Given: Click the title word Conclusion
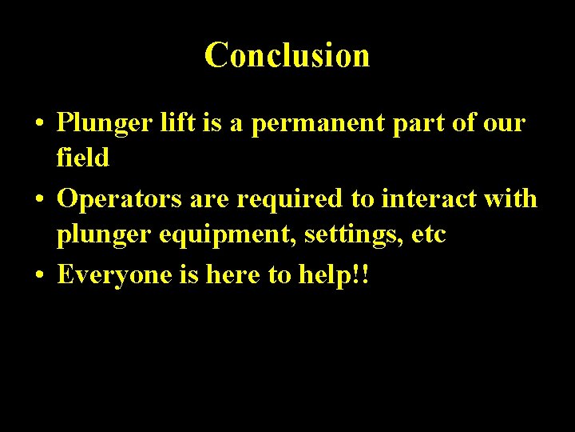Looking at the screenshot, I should coord(287,56).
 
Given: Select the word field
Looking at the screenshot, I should coord(82,158).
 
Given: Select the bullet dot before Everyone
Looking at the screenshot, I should coord(38,276).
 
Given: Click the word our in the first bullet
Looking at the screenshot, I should coord(504,124).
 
